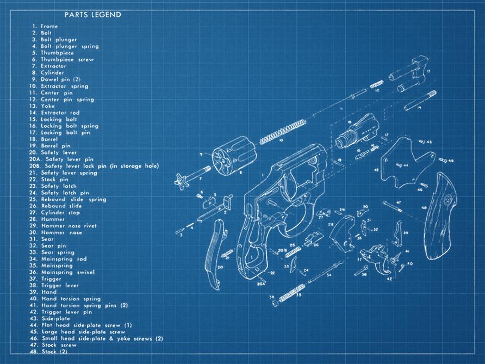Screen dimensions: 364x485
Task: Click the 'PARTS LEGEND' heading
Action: (x=92, y=15)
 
